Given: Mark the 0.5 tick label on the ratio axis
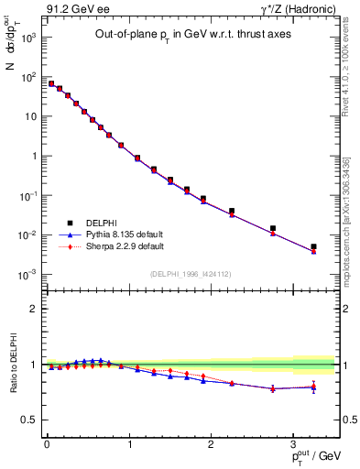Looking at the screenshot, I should [29, 420].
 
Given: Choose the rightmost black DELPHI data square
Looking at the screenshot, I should [313, 246].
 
